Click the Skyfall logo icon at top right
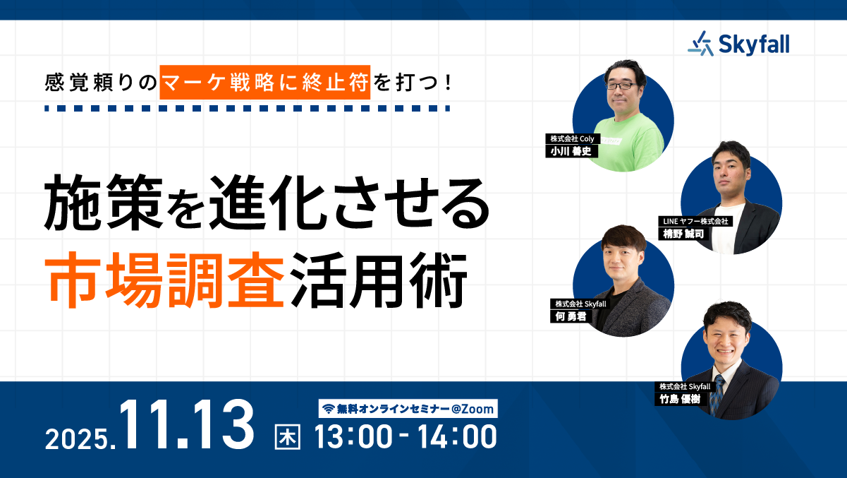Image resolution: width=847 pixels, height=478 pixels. pyautogui.click(x=701, y=44)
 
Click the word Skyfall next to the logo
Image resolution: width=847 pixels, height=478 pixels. pyautogui.click(x=754, y=44)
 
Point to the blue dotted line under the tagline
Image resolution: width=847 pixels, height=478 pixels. pyautogui.click(x=246, y=109)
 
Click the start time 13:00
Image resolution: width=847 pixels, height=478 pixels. pyautogui.click(x=353, y=436)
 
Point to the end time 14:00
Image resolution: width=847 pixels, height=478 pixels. pyautogui.click(x=458, y=436)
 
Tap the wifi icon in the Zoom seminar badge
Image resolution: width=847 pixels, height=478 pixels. pyautogui.click(x=328, y=408)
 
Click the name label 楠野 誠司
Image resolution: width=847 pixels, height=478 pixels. pyautogui.click(x=679, y=234)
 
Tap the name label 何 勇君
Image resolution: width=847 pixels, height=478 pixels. pyautogui.click(x=571, y=316)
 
